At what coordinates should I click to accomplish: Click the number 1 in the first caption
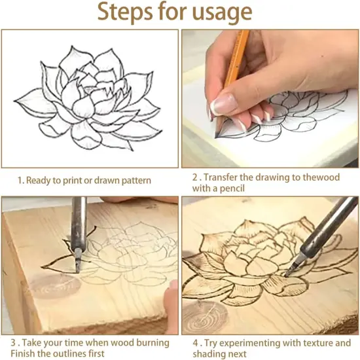pos(20,181)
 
